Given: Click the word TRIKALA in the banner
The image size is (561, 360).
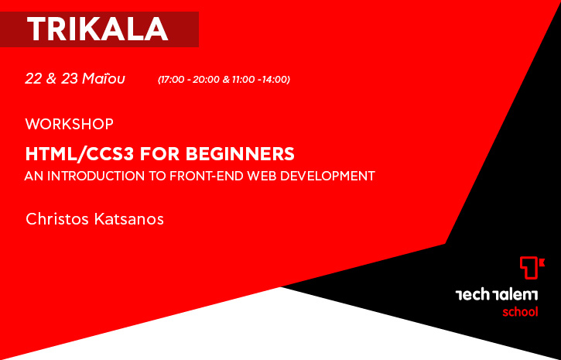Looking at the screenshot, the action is pos(97,29).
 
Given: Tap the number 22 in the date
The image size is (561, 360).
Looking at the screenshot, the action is pos(33,78).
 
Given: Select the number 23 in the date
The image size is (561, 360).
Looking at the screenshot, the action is pos(70,78).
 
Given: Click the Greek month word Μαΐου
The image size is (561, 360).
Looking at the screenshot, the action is pos(104,78).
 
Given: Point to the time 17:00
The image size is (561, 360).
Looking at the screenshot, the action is pos(173,80).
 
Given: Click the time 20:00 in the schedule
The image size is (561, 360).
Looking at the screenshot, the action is pos(206,80).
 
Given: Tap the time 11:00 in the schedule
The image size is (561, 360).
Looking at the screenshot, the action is pos(243,80).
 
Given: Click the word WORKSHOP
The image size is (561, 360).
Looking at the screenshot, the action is pos(70,124).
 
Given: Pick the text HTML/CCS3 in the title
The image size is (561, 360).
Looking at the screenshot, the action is pos(80,154).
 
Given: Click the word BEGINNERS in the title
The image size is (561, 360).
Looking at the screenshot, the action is pos(240,154).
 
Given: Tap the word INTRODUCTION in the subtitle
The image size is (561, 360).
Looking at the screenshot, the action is pos(96,176).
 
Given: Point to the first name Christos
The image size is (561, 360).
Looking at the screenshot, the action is pos(57,219).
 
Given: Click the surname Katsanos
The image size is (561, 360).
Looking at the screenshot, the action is pos(129,219).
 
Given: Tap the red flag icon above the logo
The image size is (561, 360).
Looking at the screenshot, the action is pos(532,268).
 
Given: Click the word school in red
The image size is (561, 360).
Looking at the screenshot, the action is pos(520,312).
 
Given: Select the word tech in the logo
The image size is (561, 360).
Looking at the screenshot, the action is pos(472,295).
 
